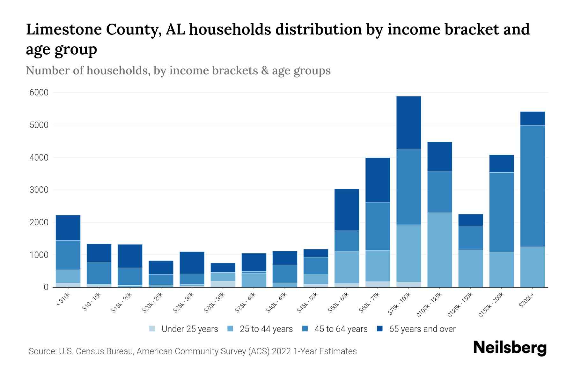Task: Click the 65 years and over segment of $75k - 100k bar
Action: point(408,123)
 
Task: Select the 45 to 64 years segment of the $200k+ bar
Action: point(532,186)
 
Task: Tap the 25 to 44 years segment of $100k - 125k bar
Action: point(439,250)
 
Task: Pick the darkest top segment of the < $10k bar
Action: point(68,228)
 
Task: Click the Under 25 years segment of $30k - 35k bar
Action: point(223,284)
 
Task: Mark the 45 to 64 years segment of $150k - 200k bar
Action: point(501,212)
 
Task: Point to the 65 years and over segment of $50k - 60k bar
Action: point(347,210)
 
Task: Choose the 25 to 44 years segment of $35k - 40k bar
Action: point(254,280)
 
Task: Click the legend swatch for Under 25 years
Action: point(152,329)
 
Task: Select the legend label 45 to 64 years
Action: point(341,329)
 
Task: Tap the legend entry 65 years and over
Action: point(422,329)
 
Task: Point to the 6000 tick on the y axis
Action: point(39,93)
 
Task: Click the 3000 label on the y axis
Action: point(39,190)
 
